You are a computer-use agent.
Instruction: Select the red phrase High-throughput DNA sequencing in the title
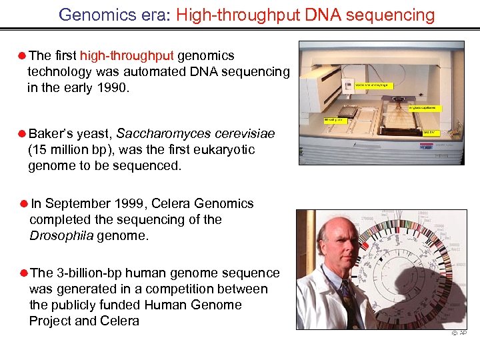305,15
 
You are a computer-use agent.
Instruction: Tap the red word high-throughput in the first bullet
127,56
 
